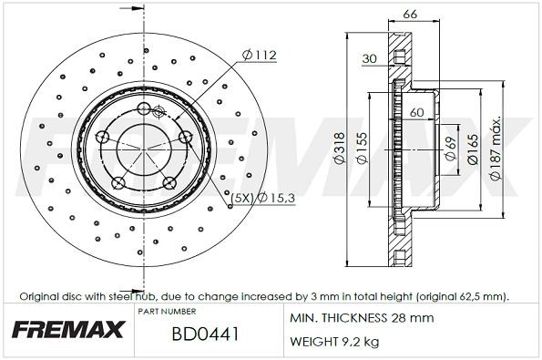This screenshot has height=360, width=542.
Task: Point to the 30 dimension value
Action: click(368, 59)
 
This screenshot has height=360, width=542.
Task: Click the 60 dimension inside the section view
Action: click(417, 113)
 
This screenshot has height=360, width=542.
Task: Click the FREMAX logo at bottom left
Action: click(66, 330)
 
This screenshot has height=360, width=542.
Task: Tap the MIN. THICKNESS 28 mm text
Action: click(361, 318)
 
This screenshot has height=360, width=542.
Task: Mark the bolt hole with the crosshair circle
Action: click(157, 112)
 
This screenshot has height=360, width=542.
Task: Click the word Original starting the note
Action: click(40, 297)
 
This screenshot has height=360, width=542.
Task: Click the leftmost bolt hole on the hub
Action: click(103, 138)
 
